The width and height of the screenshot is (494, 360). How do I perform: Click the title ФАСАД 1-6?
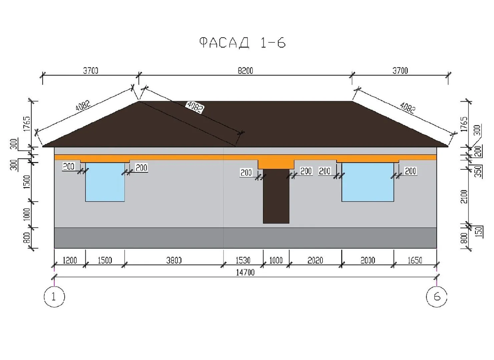click(242, 43)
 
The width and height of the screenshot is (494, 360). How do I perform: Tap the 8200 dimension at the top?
click(245, 71)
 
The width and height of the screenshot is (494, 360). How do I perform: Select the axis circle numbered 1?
click(54, 296)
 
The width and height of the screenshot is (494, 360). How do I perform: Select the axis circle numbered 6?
click(437, 296)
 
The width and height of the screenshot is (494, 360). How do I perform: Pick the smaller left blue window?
click(105, 182)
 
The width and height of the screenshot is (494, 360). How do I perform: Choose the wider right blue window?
click(368, 182)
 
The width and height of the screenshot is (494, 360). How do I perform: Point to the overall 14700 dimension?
click(245, 272)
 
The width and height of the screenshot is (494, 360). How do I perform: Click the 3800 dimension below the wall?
click(174, 260)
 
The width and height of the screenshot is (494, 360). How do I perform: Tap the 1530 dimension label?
click(243, 260)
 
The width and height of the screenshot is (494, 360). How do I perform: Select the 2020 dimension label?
click(315, 260)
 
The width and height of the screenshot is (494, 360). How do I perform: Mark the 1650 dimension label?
click(415, 260)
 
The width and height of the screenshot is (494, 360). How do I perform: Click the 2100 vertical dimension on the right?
click(464, 197)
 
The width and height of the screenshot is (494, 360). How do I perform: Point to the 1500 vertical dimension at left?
click(27, 182)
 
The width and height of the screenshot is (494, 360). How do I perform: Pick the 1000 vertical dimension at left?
click(27, 214)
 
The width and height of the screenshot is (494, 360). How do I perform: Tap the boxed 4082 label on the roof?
click(194, 107)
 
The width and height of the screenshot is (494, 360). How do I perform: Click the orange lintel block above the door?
click(276, 164)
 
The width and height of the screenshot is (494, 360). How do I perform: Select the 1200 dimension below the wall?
click(69, 260)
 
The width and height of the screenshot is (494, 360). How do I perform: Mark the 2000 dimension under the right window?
click(368, 260)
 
